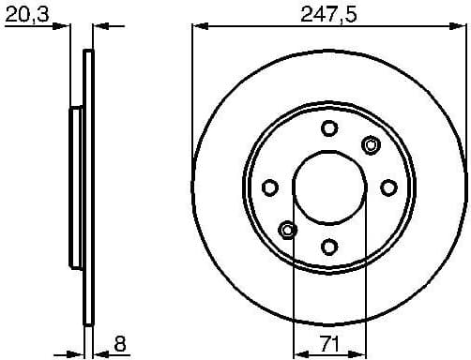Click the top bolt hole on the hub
pos(328,128)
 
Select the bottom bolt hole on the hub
pos(328,247)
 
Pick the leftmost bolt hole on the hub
pos(269,187)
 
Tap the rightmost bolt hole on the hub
pos(387,187)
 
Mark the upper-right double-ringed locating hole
pos(370,144)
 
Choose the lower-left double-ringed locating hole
pos(288,229)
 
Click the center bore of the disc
pos(328,187)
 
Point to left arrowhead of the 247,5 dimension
pos(197,25)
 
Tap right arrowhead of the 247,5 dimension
pos(460,25)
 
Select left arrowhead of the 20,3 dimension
pos(66,25)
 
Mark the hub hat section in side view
pos(76,187)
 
